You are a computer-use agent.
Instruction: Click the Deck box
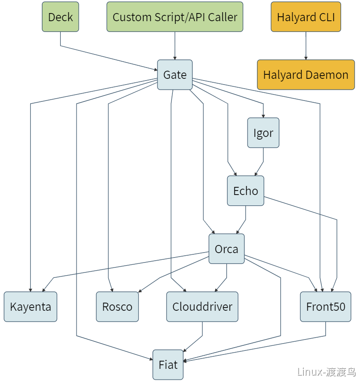pos(60,17)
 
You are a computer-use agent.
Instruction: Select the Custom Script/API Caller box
pos(175,17)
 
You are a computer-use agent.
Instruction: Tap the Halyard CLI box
pos(306,17)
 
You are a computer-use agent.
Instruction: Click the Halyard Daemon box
pos(306,75)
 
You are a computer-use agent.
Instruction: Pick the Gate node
pos(175,75)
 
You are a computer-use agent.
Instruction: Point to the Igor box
pos(263,133)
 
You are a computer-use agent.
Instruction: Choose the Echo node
pos(245,191)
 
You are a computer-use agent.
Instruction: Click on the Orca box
pos(226,249)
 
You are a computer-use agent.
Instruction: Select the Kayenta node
pos(30,307)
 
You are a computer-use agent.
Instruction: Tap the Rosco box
pos(117,307)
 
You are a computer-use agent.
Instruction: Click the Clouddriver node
pos(202,307)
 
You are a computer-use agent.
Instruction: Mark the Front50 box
pos(325,307)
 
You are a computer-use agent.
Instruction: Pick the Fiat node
pos(168,364)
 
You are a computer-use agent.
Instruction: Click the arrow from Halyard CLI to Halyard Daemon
pos(306,45)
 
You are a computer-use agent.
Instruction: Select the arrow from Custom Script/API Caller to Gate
pos(175,45)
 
